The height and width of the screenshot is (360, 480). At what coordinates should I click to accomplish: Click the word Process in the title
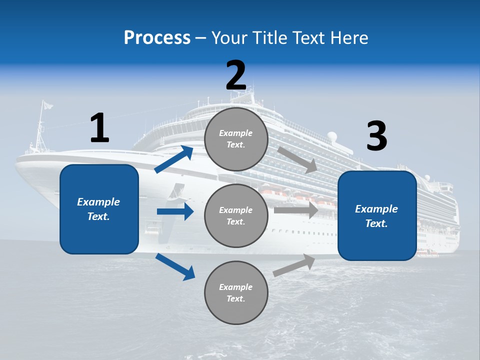pyautogui.click(x=157, y=37)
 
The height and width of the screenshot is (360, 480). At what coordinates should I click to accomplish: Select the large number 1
pyautogui.click(x=99, y=128)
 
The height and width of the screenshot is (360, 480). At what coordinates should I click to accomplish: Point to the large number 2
pyautogui.click(x=235, y=75)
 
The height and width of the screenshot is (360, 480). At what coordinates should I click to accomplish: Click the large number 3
pyautogui.click(x=376, y=136)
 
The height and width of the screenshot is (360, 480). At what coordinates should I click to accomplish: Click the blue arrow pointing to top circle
pyautogui.click(x=174, y=159)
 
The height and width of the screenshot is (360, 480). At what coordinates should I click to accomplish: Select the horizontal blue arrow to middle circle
pyautogui.click(x=175, y=211)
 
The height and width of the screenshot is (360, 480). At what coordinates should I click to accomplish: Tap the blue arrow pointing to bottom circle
pyautogui.click(x=175, y=266)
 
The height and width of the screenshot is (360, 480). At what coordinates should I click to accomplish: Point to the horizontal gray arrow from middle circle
pyautogui.click(x=296, y=210)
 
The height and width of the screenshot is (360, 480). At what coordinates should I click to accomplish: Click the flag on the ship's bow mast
pyautogui.click(x=47, y=105)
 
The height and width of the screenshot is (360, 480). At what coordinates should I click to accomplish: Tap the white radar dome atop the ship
pyautogui.click(x=332, y=136)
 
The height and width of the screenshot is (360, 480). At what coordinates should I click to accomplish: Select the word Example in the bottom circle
pyautogui.click(x=235, y=287)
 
